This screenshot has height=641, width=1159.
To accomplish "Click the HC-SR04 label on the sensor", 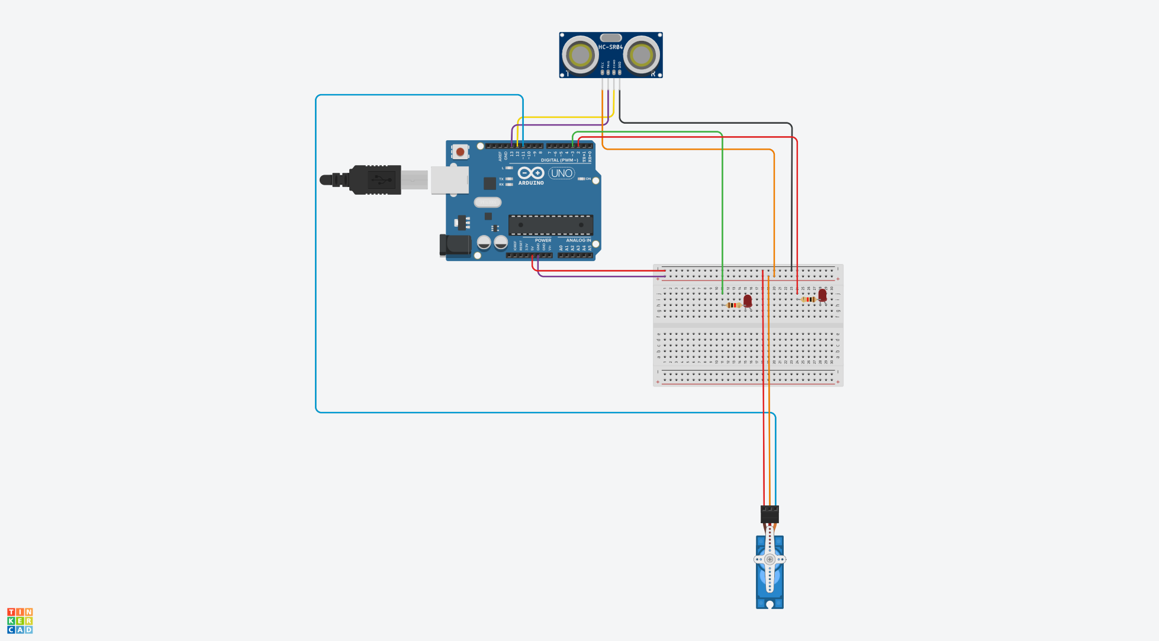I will pyautogui.click(x=610, y=47).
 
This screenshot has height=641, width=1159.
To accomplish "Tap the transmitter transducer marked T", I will pyautogui.click(x=580, y=56).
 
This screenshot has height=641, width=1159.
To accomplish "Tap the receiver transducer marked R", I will pyautogui.click(x=641, y=56).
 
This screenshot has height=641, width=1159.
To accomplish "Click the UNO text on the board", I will pyautogui.click(x=561, y=173).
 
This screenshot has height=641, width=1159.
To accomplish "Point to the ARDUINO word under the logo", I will pyautogui.click(x=531, y=183).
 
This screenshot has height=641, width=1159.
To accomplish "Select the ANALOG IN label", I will pyautogui.click(x=578, y=240).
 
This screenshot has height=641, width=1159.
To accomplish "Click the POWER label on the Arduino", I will pyautogui.click(x=543, y=240).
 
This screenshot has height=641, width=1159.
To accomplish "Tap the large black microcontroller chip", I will pyautogui.click(x=550, y=225).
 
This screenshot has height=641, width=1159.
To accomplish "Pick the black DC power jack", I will pyautogui.click(x=455, y=245).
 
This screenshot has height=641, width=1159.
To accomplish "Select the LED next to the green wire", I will pyautogui.click(x=748, y=301).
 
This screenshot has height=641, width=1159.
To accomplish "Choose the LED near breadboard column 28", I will pyautogui.click(x=822, y=295).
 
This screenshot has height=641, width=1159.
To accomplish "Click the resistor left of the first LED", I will pyautogui.click(x=734, y=305).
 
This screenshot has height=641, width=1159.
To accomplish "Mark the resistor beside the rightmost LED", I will pyautogui.click(x=808, y=299).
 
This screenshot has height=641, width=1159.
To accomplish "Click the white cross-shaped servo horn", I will pyautogui.click(x=770, y=559).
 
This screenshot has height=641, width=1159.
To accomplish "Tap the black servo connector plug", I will pyautogui.click(x=770, y=514).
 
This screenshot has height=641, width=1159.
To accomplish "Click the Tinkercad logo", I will pyautogui.click(x=20, y=620).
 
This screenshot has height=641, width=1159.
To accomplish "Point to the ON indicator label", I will pyautogui.click(x=588, y=179).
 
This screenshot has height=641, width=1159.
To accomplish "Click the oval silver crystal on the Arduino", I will pyautogui.click(x=487, y=202).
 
